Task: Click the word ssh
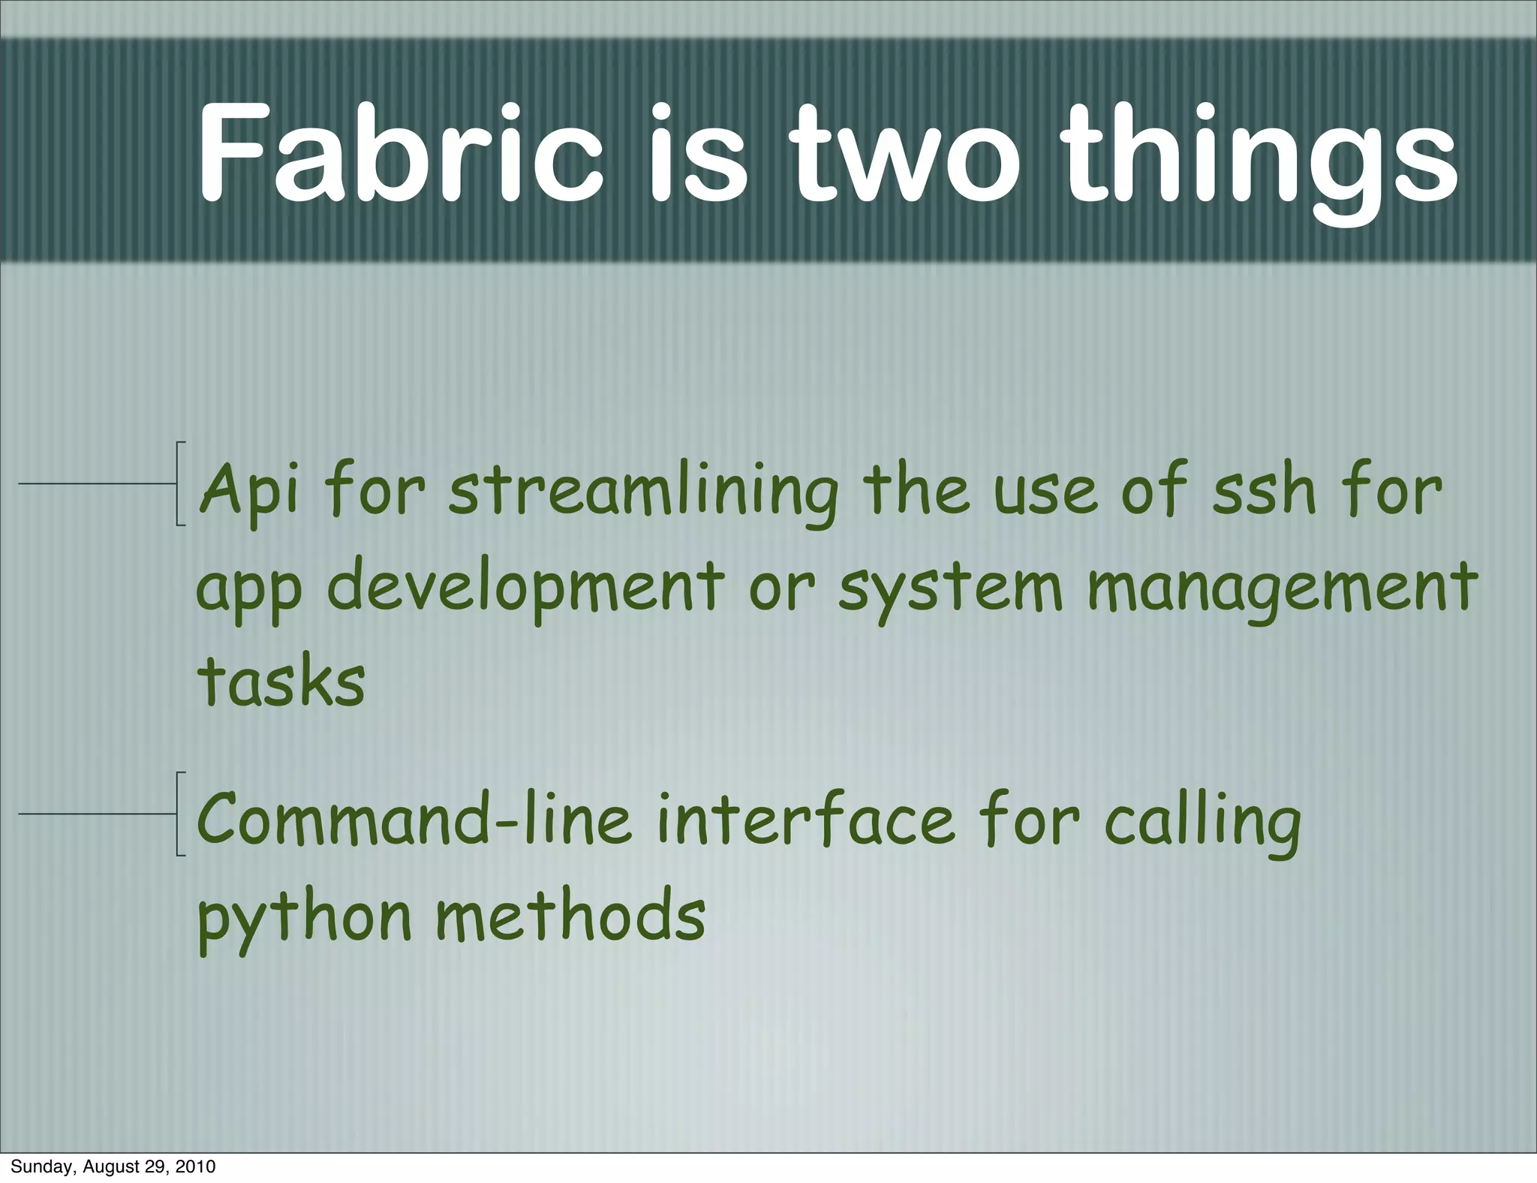1264,492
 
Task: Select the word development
525,588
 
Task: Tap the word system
950,589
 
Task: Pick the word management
1282,589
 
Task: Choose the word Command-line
414,820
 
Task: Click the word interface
806,820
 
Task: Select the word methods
570,916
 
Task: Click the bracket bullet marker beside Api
179,484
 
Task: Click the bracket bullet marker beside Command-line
179,814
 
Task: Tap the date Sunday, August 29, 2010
113,1166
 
